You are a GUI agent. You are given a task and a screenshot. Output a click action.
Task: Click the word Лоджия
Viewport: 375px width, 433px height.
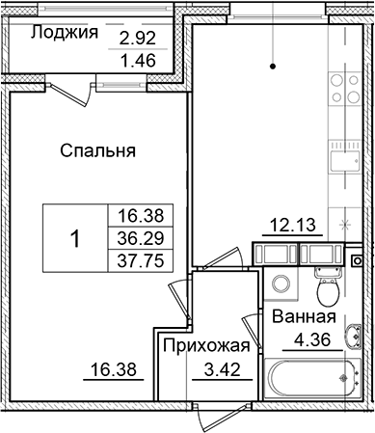click(x=65, y=33)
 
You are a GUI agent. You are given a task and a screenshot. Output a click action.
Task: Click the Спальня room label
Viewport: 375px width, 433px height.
click(x=96, y=150)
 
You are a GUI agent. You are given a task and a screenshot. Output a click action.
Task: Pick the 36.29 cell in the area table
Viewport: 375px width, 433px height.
click(x=135, y=238)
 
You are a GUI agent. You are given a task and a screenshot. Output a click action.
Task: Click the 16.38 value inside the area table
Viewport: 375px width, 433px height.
click(x=135, y=219)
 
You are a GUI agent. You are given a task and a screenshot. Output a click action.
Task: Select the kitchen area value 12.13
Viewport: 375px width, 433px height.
click(x=286, y=227)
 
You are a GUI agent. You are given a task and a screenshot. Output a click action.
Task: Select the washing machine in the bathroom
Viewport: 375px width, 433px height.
click(x=282, y=286)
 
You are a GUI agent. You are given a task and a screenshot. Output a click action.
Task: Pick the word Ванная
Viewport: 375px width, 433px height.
click(x=304, y=319)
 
